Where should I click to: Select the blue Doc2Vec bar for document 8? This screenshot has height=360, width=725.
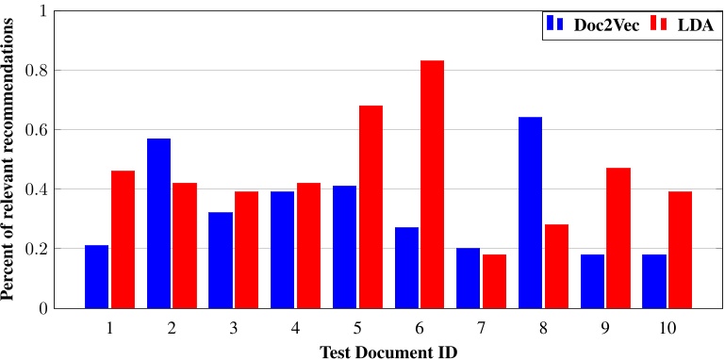[x=530, y=212]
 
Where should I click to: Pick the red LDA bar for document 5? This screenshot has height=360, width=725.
[x=371, y=206]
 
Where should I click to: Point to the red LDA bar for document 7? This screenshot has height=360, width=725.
[x=494, y=281]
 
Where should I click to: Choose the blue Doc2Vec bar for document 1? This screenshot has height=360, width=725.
[x=97, y=276]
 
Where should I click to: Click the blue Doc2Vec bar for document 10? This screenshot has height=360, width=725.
[x=653, y=281]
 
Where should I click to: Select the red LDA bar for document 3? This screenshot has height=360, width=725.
[x=247, y=250]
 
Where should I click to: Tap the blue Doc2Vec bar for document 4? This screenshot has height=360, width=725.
[x=282, y=250]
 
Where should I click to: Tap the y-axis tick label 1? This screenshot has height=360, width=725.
[x=41, y=10]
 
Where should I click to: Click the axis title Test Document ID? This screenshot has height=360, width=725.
[x=387, y=349]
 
